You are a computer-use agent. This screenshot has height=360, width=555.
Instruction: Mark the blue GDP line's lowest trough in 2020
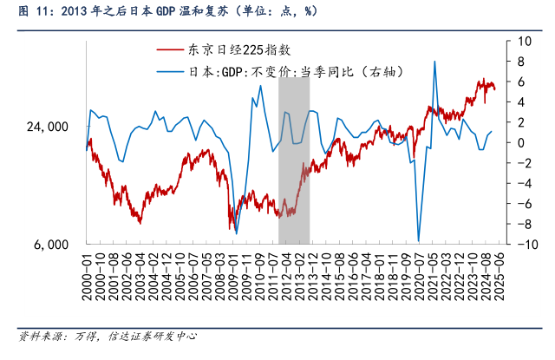pyautogui.click(x=418, y=241)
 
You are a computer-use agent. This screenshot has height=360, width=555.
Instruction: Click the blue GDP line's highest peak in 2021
pyautogui.click(x=434, y=61)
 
